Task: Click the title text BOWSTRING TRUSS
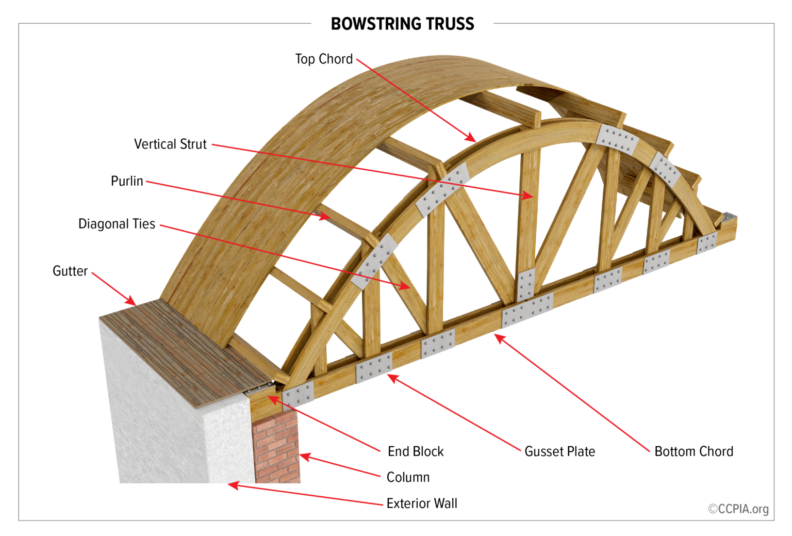402,24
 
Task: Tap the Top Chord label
324,59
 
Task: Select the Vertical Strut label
170,144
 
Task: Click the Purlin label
127,181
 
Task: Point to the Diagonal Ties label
117,224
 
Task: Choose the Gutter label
70,271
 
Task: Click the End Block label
416,452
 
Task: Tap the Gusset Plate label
559,452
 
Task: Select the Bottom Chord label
694,452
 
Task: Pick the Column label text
408,478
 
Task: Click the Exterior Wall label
422,503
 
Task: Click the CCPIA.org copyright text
738,509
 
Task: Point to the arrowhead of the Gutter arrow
133,303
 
